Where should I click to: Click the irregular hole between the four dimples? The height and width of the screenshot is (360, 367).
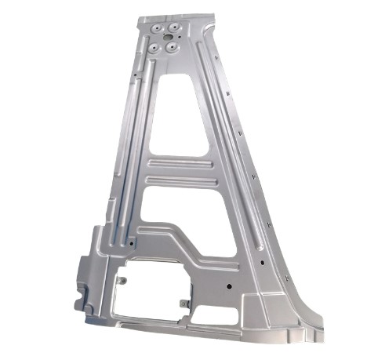[x=165, y=38]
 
